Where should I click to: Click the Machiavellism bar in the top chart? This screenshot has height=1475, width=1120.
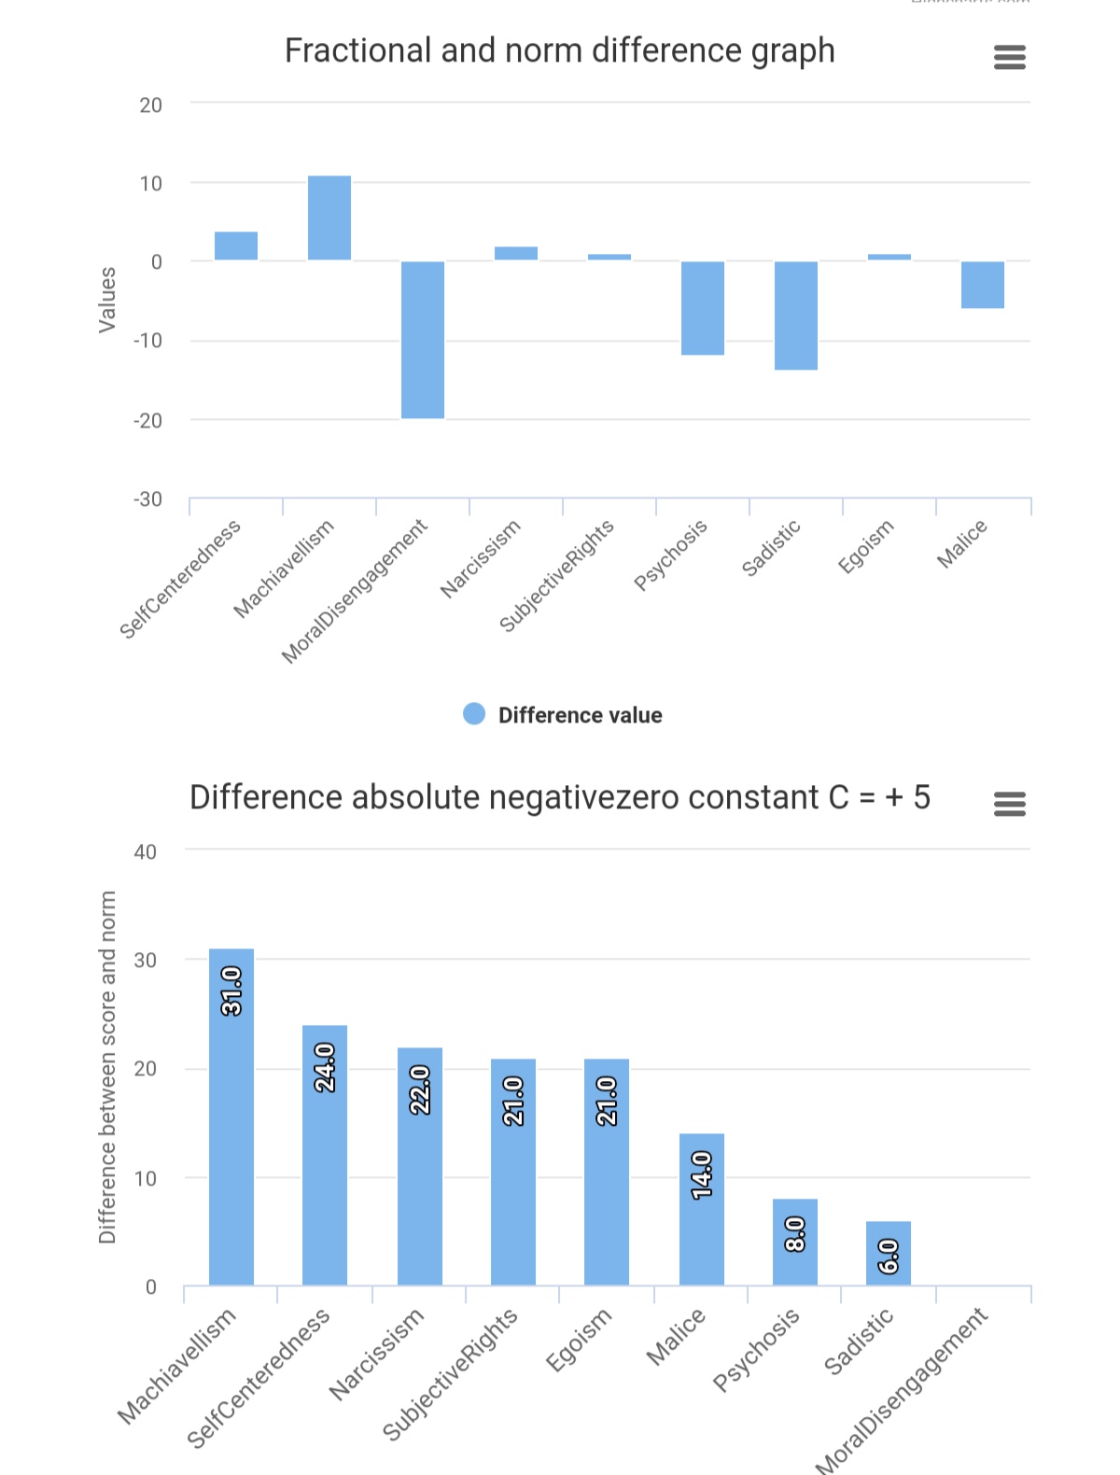pyautogui.click(x=329, y=218)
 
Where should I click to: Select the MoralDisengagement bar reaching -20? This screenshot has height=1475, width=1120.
pyautogui.click(x=423, y=340)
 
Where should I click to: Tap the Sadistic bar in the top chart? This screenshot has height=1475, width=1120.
pyautogui.click(x=796, y=316)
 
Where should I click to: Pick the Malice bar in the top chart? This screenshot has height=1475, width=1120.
pyautogui.click(x=983, y=285)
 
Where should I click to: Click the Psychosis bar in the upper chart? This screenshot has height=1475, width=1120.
pyautogui.click(x=703, y=308)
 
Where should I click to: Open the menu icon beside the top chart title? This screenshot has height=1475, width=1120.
pyautogui.click(x=1010, y=58)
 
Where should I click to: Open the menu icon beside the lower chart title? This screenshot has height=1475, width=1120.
pyautogui.click(x=1010, y=804)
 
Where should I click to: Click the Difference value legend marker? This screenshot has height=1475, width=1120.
pyautogui.click(x=474, y=714)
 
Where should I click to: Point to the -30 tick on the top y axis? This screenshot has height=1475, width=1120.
pyautogui.click(x=147, y=499)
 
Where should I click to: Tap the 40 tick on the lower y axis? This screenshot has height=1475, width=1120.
pyautogui.click(x=146, y=851)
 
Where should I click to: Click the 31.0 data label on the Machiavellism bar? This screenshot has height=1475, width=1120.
pyautogui.click(x=231, y=990)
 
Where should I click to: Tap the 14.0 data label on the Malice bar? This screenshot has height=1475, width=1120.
pyautogui.click(x=702, y=1174)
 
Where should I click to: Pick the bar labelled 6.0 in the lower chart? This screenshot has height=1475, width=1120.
pyautogui.click(x=889, y=1253)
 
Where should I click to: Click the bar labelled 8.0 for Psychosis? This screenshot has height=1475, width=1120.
pyautogui.click(x=795, y=1242)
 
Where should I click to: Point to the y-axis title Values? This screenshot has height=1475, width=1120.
pyautogui.click(x=107, y=300)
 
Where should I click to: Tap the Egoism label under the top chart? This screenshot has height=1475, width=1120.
pyautogui.click(x=866, y=546)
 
